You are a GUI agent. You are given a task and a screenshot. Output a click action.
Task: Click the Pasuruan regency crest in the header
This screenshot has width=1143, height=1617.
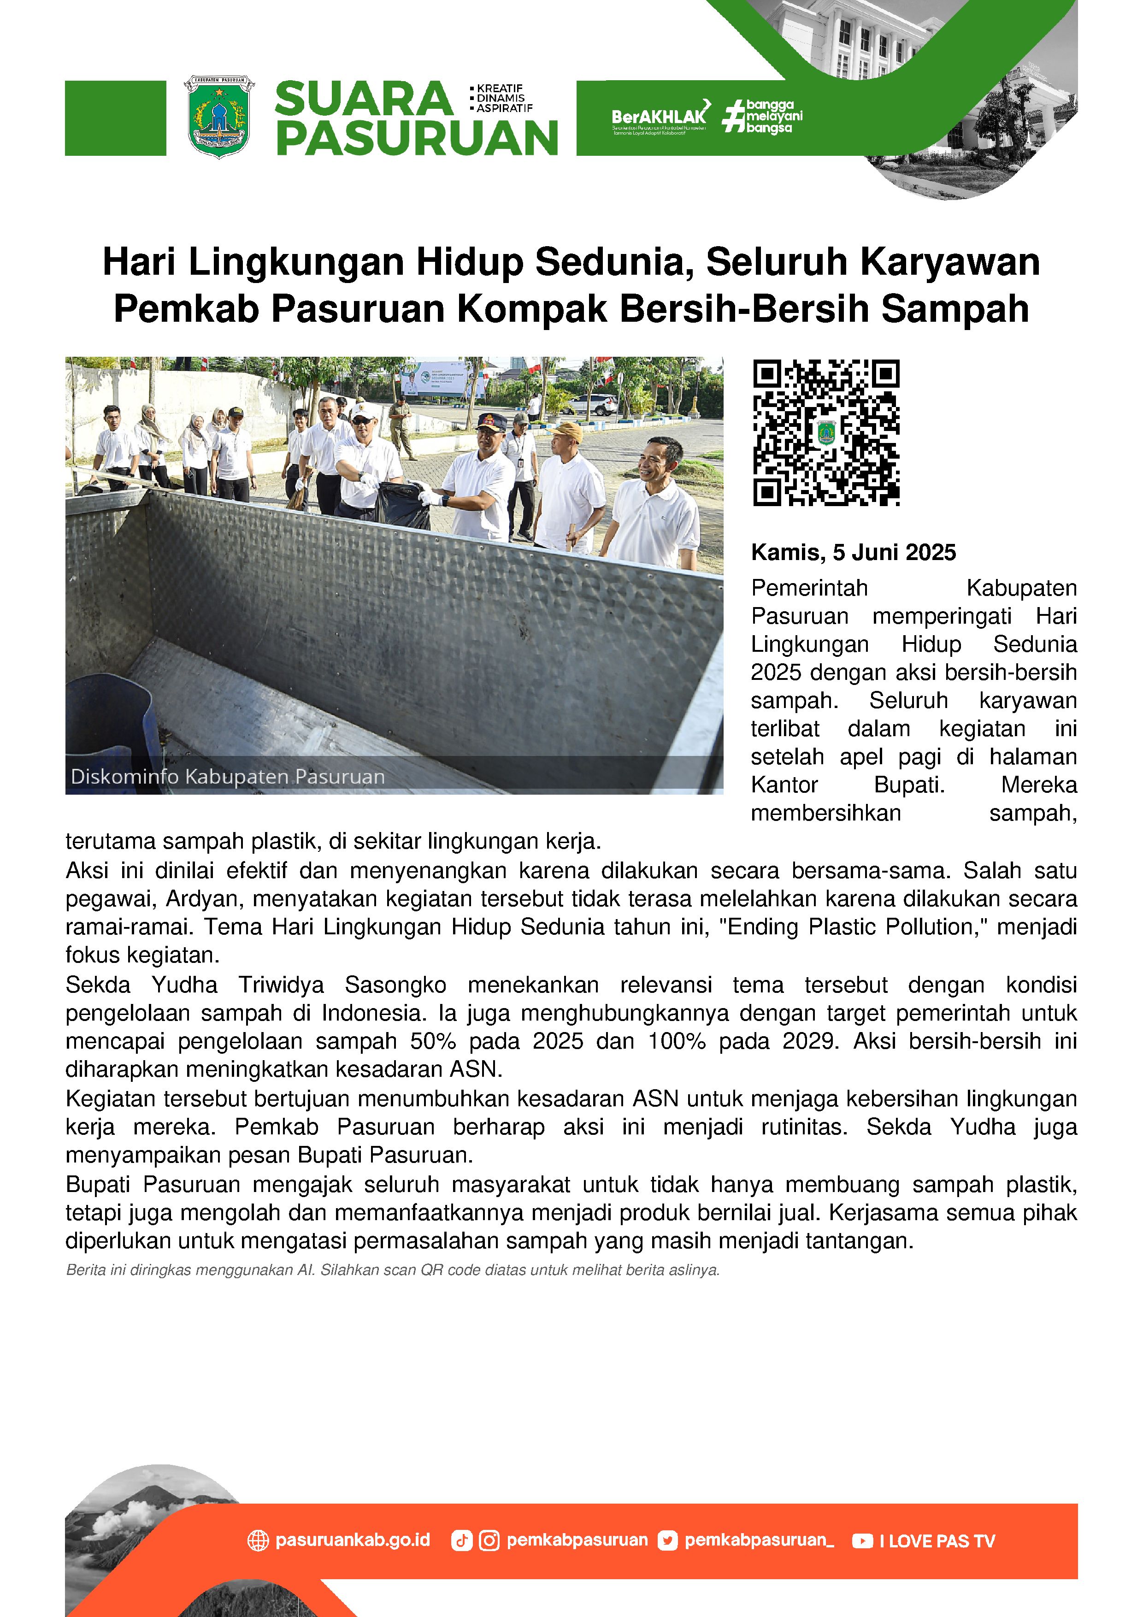219,117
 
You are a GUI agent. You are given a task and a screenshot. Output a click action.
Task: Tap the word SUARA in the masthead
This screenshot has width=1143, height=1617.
363,99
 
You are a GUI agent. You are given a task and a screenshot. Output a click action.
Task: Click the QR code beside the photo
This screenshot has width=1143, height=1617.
826,432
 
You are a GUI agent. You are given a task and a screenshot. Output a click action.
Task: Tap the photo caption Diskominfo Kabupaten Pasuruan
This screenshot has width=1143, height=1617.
228,777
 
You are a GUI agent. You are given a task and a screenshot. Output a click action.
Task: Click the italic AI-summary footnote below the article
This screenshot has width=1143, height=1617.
392,1270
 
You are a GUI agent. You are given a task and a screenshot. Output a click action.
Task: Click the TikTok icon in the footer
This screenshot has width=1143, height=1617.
461,1541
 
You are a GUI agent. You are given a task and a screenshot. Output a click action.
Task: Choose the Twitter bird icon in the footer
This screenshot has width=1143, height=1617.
667,1541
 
